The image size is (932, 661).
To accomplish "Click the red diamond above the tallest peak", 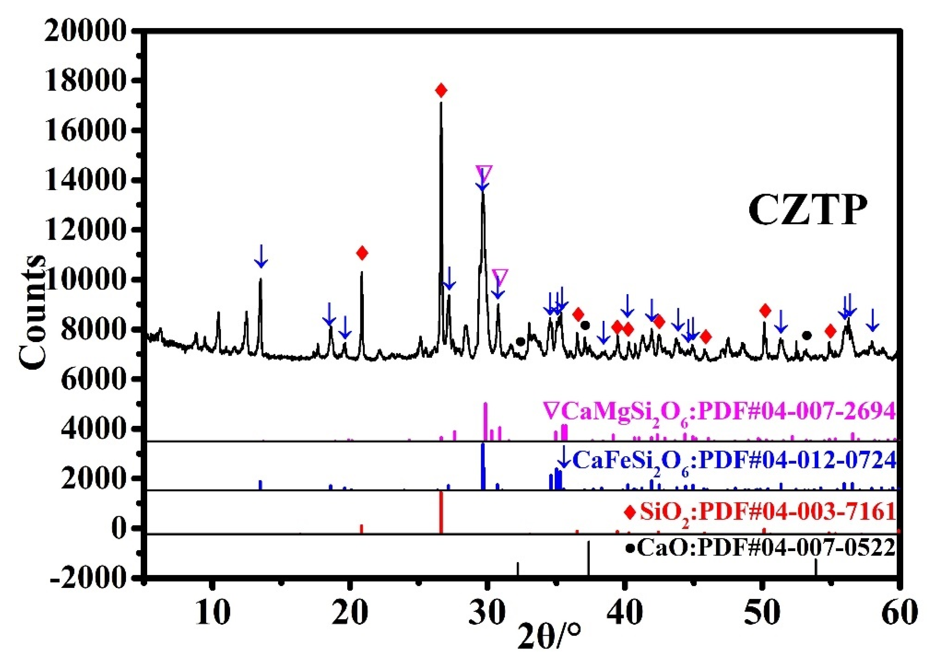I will (x=441, y=90).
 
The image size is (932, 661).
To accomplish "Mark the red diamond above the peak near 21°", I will (x=362, y=253).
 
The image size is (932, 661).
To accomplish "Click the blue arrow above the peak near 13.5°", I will (x=261, y=256).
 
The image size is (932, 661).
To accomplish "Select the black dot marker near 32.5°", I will (x=520, y=341).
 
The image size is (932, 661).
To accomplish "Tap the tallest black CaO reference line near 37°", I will (x=588, y=558).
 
